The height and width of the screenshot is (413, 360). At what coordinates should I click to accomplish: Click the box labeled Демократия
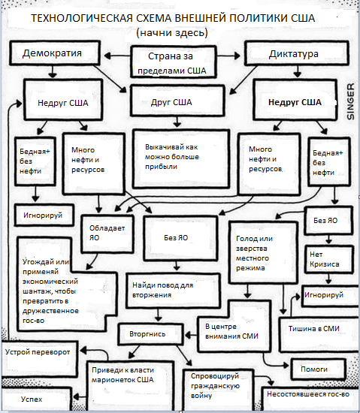pos(55,53)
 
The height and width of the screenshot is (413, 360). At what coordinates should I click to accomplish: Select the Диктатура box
pos(297,53)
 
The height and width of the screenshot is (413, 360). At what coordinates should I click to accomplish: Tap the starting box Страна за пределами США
pos(174,62)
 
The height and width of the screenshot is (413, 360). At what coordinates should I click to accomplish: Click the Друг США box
pos(177,101)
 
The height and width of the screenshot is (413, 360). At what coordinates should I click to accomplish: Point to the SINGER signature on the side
pos(350,101)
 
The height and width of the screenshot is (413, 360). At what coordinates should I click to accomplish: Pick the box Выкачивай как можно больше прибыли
pos(181,159)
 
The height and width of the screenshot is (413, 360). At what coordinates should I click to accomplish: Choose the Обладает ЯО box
pos(107,234)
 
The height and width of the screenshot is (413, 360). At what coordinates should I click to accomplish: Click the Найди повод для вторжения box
pos(173,291)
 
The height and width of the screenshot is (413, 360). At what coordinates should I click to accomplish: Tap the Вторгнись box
pos(151,334)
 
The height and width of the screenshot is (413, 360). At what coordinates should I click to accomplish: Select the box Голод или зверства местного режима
pos(263,252)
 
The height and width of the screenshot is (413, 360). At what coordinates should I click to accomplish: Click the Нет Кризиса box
pos(329,260)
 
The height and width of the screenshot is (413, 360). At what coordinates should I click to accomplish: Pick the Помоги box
pos(319,369)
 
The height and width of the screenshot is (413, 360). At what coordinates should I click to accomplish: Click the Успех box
pos(36,399)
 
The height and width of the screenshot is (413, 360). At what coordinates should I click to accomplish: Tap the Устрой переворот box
pos(40,359)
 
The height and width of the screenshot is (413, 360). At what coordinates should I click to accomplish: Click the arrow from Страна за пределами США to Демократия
pos(117,56)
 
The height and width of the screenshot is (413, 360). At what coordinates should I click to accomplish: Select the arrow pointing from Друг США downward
pos(177,122)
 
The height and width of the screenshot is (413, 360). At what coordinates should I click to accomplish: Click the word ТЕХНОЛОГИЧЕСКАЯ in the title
pos(81,18)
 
